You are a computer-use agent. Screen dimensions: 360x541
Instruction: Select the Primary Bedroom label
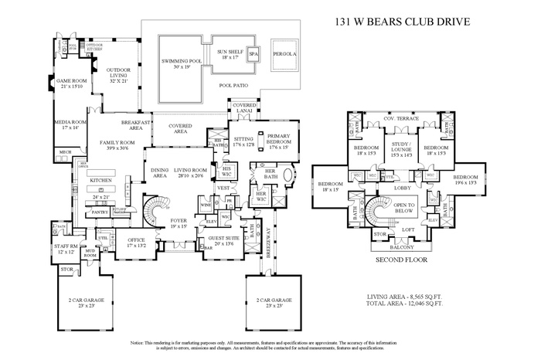[x=279, y=139]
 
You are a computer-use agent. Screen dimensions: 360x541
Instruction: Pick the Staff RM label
[x=66, y=248]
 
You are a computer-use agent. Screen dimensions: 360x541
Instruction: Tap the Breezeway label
[x=265, y=248]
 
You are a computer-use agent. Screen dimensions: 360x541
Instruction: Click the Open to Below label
[x=405, y=207]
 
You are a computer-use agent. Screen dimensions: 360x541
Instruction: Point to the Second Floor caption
[x=402, y=260]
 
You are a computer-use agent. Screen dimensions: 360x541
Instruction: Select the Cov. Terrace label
[x=400, y=120]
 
